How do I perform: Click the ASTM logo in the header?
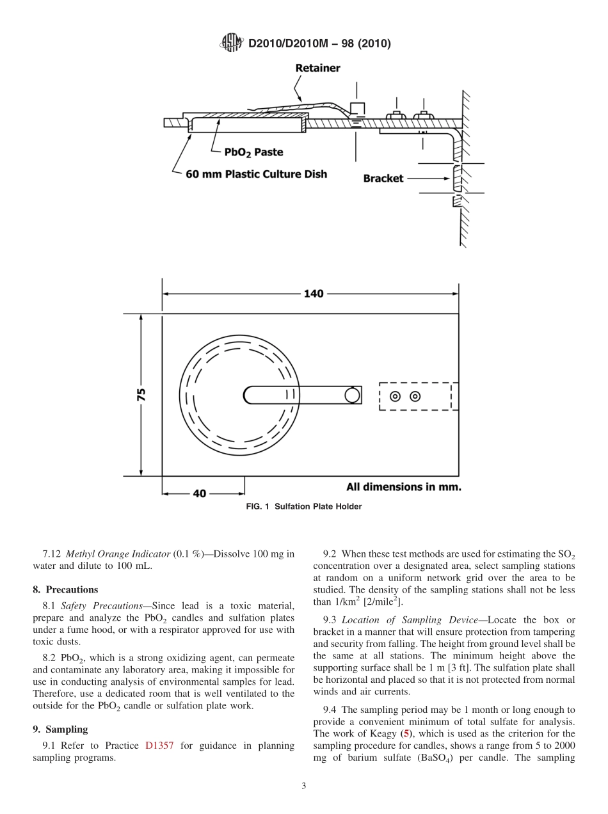coord(231,43)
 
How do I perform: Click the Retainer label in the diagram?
coord(317,68)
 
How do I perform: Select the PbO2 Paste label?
coord(253,152)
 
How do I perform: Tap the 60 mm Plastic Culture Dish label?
coord(256,173)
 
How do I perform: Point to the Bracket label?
coord(383,179)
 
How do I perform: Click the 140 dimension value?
coord(314,294)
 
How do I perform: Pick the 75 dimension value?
coord(141,394)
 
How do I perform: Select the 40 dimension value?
coord(200,493)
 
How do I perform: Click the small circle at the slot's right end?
coord(352,395)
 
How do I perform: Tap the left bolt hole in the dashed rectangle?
coord(396,396)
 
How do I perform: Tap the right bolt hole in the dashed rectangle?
coord(415,396)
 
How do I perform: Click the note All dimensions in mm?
coord(403,487)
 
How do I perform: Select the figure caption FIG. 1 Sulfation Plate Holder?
coord(304,507)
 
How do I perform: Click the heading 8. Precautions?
coord(65,589)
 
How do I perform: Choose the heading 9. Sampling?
coord(60,729)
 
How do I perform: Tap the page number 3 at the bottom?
coord(304,786)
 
